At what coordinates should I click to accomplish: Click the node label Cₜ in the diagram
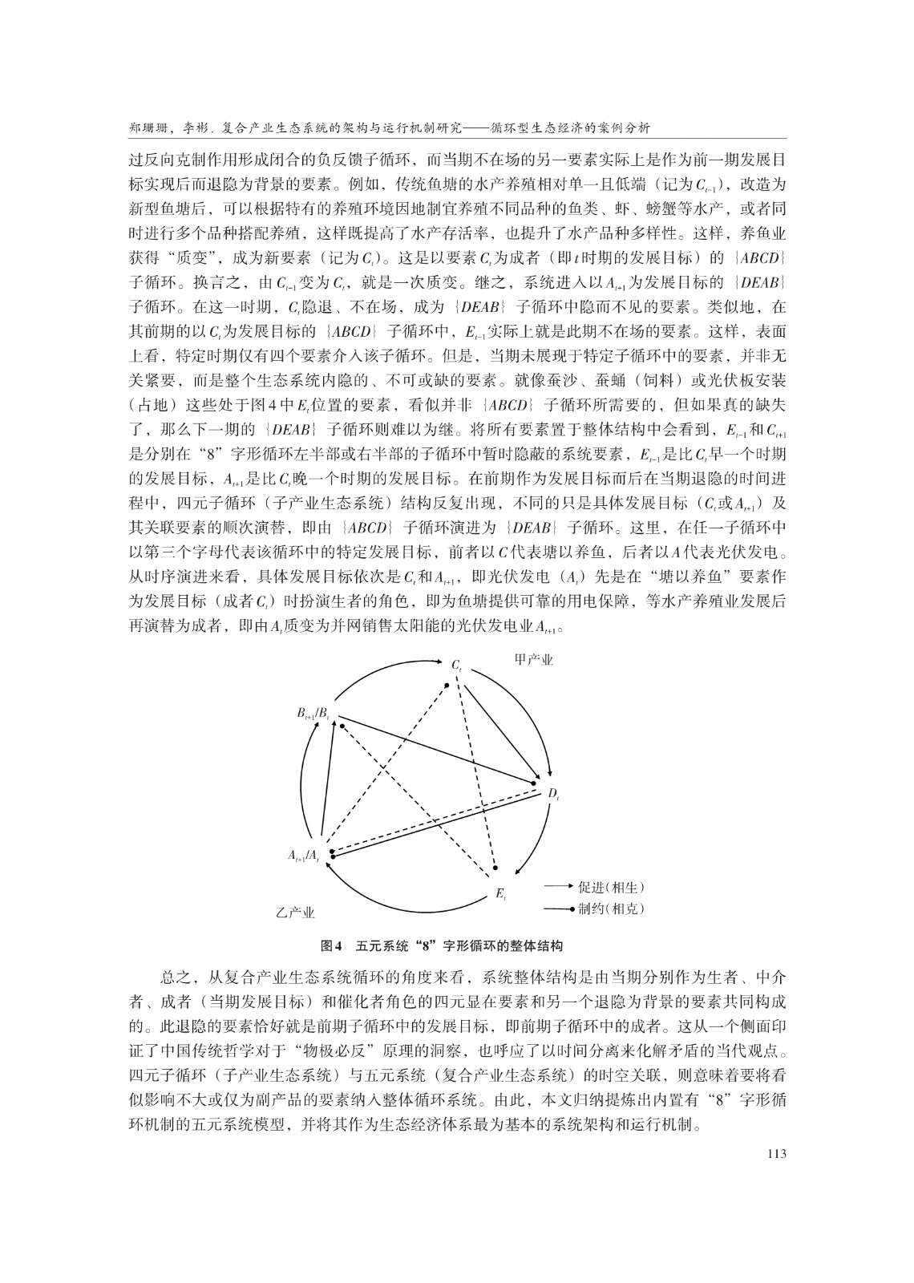[455, 666]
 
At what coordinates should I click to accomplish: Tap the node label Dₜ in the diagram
[553, 794]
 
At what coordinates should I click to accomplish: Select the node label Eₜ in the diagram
[500, 893]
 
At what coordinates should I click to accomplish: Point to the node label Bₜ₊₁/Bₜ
[313, 713]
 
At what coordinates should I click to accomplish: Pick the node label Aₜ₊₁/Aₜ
[304, 856]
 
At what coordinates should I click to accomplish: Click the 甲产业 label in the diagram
[533, 659]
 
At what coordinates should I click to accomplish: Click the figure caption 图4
[331, 945]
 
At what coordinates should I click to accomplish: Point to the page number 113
[774, 1153]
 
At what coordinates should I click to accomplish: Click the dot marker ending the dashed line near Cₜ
[447, 685]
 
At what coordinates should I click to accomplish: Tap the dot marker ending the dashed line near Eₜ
[496, 868]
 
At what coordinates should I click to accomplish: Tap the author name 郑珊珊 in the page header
[148, 128]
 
